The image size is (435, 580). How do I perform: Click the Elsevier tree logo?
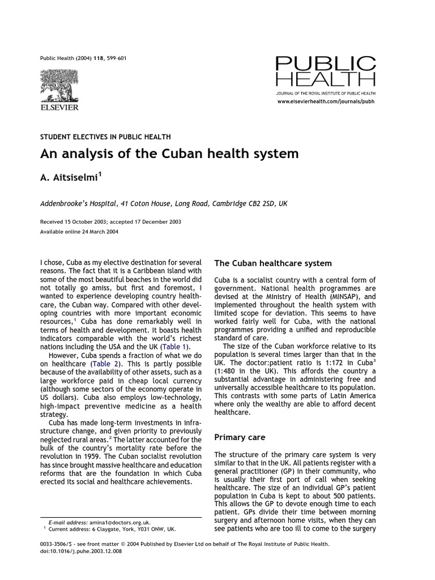pos(59,84)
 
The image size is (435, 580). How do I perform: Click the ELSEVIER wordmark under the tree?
pos(59,107)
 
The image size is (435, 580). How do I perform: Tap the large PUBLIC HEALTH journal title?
pos(325,71)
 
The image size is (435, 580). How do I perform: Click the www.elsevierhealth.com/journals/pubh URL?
pos(326,101)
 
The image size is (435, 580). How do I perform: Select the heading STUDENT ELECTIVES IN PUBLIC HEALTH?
pos(105,137)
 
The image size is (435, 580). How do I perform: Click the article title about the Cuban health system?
pos(169,154)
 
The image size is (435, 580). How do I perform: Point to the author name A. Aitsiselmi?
pos(70,178)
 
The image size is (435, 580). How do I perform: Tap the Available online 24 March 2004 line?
pos(79,232)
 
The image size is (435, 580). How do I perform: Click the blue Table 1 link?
pos(176,347)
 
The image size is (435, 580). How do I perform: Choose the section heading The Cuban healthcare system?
pos(273,263)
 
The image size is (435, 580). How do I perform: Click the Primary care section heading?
pos(240,437)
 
